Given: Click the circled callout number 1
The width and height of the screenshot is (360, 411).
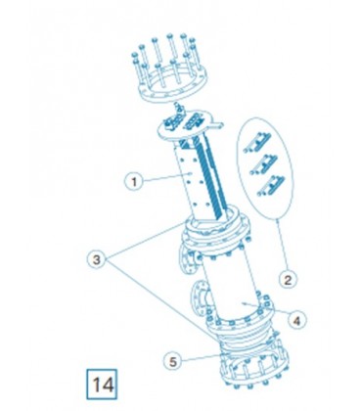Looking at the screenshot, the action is pyautogui.click(x=134, y=181).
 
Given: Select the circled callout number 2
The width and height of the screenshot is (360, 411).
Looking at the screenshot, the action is pyautogui.click(x=288, y=280).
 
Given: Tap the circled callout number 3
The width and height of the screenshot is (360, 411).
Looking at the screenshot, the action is pyautogui.click(x=97, y=259).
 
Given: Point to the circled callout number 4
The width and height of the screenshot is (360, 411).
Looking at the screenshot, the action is pyautogui.click(x=296, y=320).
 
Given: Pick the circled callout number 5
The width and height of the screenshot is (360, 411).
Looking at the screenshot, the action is pyautogui.click(x=173, y=361).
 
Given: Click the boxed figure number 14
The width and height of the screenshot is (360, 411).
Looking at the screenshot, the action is pyautogui.click(x=102, y=385).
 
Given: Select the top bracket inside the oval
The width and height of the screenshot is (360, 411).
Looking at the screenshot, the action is pyautogui.click(x=257, y=143).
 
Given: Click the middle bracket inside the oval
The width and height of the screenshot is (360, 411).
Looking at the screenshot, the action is pyautogui.click(x=263, y=164).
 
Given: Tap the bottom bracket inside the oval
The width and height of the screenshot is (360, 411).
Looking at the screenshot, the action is pyautogui.click(x=271, y=186).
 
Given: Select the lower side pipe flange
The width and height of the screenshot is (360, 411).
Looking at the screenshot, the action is pyautogui.click(x=199, y=297).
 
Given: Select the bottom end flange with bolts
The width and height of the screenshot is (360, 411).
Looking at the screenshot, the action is pyautogui.click(x=255, y=365).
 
